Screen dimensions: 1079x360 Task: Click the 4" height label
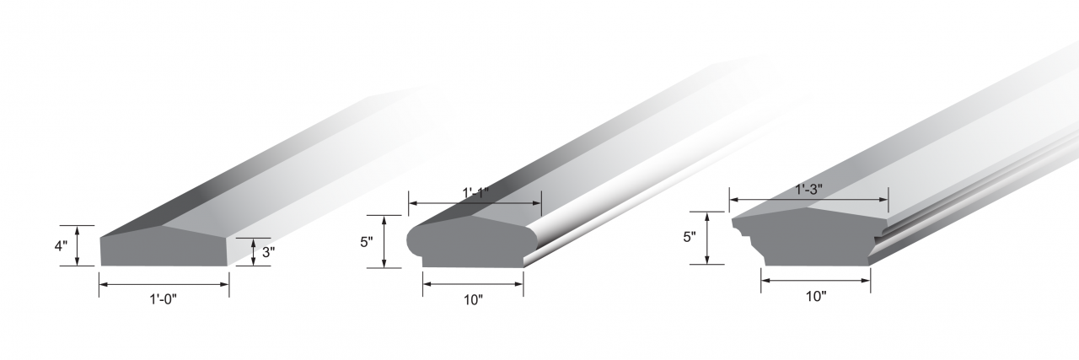pos(61,246)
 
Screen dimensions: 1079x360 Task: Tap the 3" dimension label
pos(268,252)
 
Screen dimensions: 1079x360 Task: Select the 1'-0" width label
pos(163,299)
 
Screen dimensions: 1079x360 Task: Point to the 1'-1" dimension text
pos(475,193)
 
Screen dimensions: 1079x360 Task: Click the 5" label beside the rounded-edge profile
pos(367,242)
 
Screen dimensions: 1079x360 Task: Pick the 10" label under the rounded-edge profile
pos(473,300)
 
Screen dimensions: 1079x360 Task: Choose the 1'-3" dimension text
pos(808,190)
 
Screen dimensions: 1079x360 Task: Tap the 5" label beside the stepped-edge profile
pos(690,237)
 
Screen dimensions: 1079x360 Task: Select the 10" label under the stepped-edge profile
pos(816,297)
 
